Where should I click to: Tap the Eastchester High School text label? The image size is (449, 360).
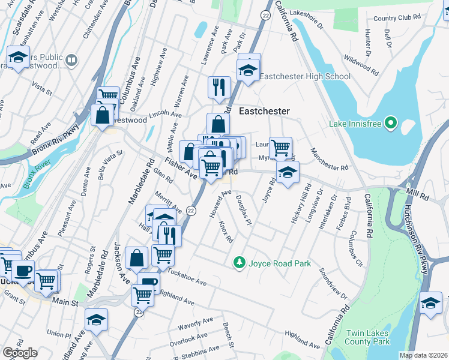[306, 76]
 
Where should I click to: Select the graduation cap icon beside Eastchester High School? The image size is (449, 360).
[249, 70]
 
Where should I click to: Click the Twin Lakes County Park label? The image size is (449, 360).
[367, 337]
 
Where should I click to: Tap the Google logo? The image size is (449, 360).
[20, 353]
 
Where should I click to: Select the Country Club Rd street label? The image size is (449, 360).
[397, 18]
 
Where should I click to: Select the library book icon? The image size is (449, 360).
[71, 60]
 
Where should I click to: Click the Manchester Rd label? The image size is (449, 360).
[328, 159]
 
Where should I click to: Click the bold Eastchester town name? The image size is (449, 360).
[264, 112]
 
